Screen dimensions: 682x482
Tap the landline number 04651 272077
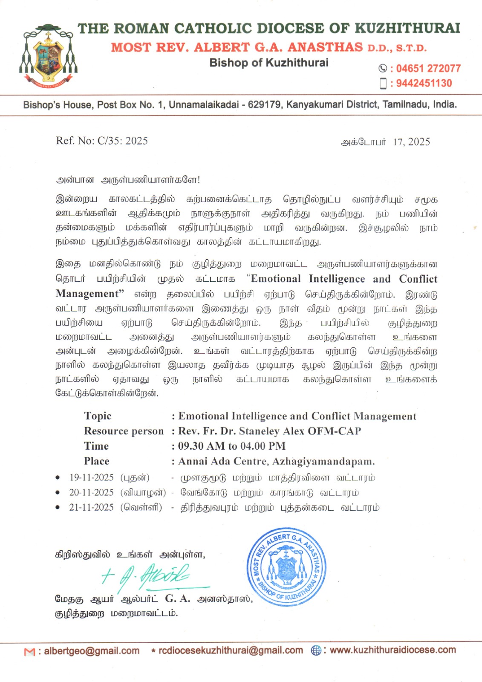click(428, 69)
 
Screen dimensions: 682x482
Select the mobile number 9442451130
click(424, 83)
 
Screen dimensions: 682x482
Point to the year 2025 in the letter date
click(419, 142)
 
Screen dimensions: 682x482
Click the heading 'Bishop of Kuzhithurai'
click(268, 63)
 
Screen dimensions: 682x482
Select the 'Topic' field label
click(98, 416)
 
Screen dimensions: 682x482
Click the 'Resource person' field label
click(124, 431)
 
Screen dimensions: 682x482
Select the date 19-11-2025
click(91, 477)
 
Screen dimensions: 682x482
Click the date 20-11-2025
click(91, 492)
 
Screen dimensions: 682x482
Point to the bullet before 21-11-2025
click(58, 508)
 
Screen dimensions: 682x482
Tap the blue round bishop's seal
click(286, 566)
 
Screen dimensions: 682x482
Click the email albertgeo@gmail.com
click(92, 651)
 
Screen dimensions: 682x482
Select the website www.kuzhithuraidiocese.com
click(393, 650)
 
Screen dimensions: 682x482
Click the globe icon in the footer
click(316, 650)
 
